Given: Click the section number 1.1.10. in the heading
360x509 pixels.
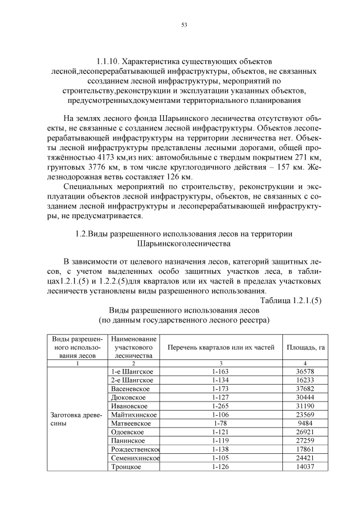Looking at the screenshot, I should (111, 60).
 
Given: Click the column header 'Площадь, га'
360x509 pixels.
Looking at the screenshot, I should (305, 348).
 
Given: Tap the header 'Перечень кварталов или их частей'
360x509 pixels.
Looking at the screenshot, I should (220, 348).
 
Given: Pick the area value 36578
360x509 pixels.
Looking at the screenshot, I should (305, 372).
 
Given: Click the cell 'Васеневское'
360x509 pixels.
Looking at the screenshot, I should (130, 389).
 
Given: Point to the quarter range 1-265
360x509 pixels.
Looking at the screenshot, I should (220, 406).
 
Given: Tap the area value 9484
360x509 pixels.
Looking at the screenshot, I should (305, 423).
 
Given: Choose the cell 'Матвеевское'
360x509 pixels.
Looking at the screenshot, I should (131, 423).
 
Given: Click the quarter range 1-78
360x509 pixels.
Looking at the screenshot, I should (220, 423).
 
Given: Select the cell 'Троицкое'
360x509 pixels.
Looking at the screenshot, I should (126, 466).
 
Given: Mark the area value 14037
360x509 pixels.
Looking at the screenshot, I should (305, 466).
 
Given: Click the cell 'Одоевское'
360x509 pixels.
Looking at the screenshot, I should (128, 432).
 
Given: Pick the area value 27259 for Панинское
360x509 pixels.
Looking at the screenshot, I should (305, 440).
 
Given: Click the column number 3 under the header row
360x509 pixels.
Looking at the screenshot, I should (220, 363).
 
